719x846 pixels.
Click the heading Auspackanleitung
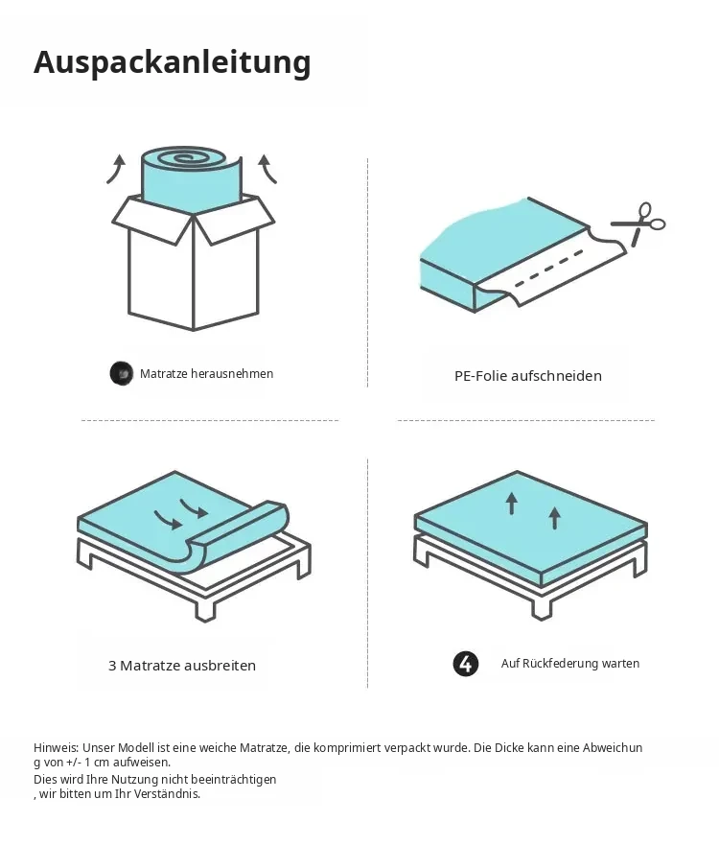(172, 62)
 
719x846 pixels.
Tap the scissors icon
(638, 224)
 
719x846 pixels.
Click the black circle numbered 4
(466, 664)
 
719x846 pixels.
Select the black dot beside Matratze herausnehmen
(122, 373)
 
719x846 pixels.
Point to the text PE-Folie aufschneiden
(528, 376)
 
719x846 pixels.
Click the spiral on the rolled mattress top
(184, 157)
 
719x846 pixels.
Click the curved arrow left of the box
(115, 169)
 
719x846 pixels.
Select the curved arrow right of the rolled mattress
(267, 169)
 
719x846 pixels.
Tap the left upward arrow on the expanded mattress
(511, 504)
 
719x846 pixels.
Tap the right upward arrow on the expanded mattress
(554, 519)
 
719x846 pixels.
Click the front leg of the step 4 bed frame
(543, 608)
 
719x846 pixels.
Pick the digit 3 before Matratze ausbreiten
(112, 666)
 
